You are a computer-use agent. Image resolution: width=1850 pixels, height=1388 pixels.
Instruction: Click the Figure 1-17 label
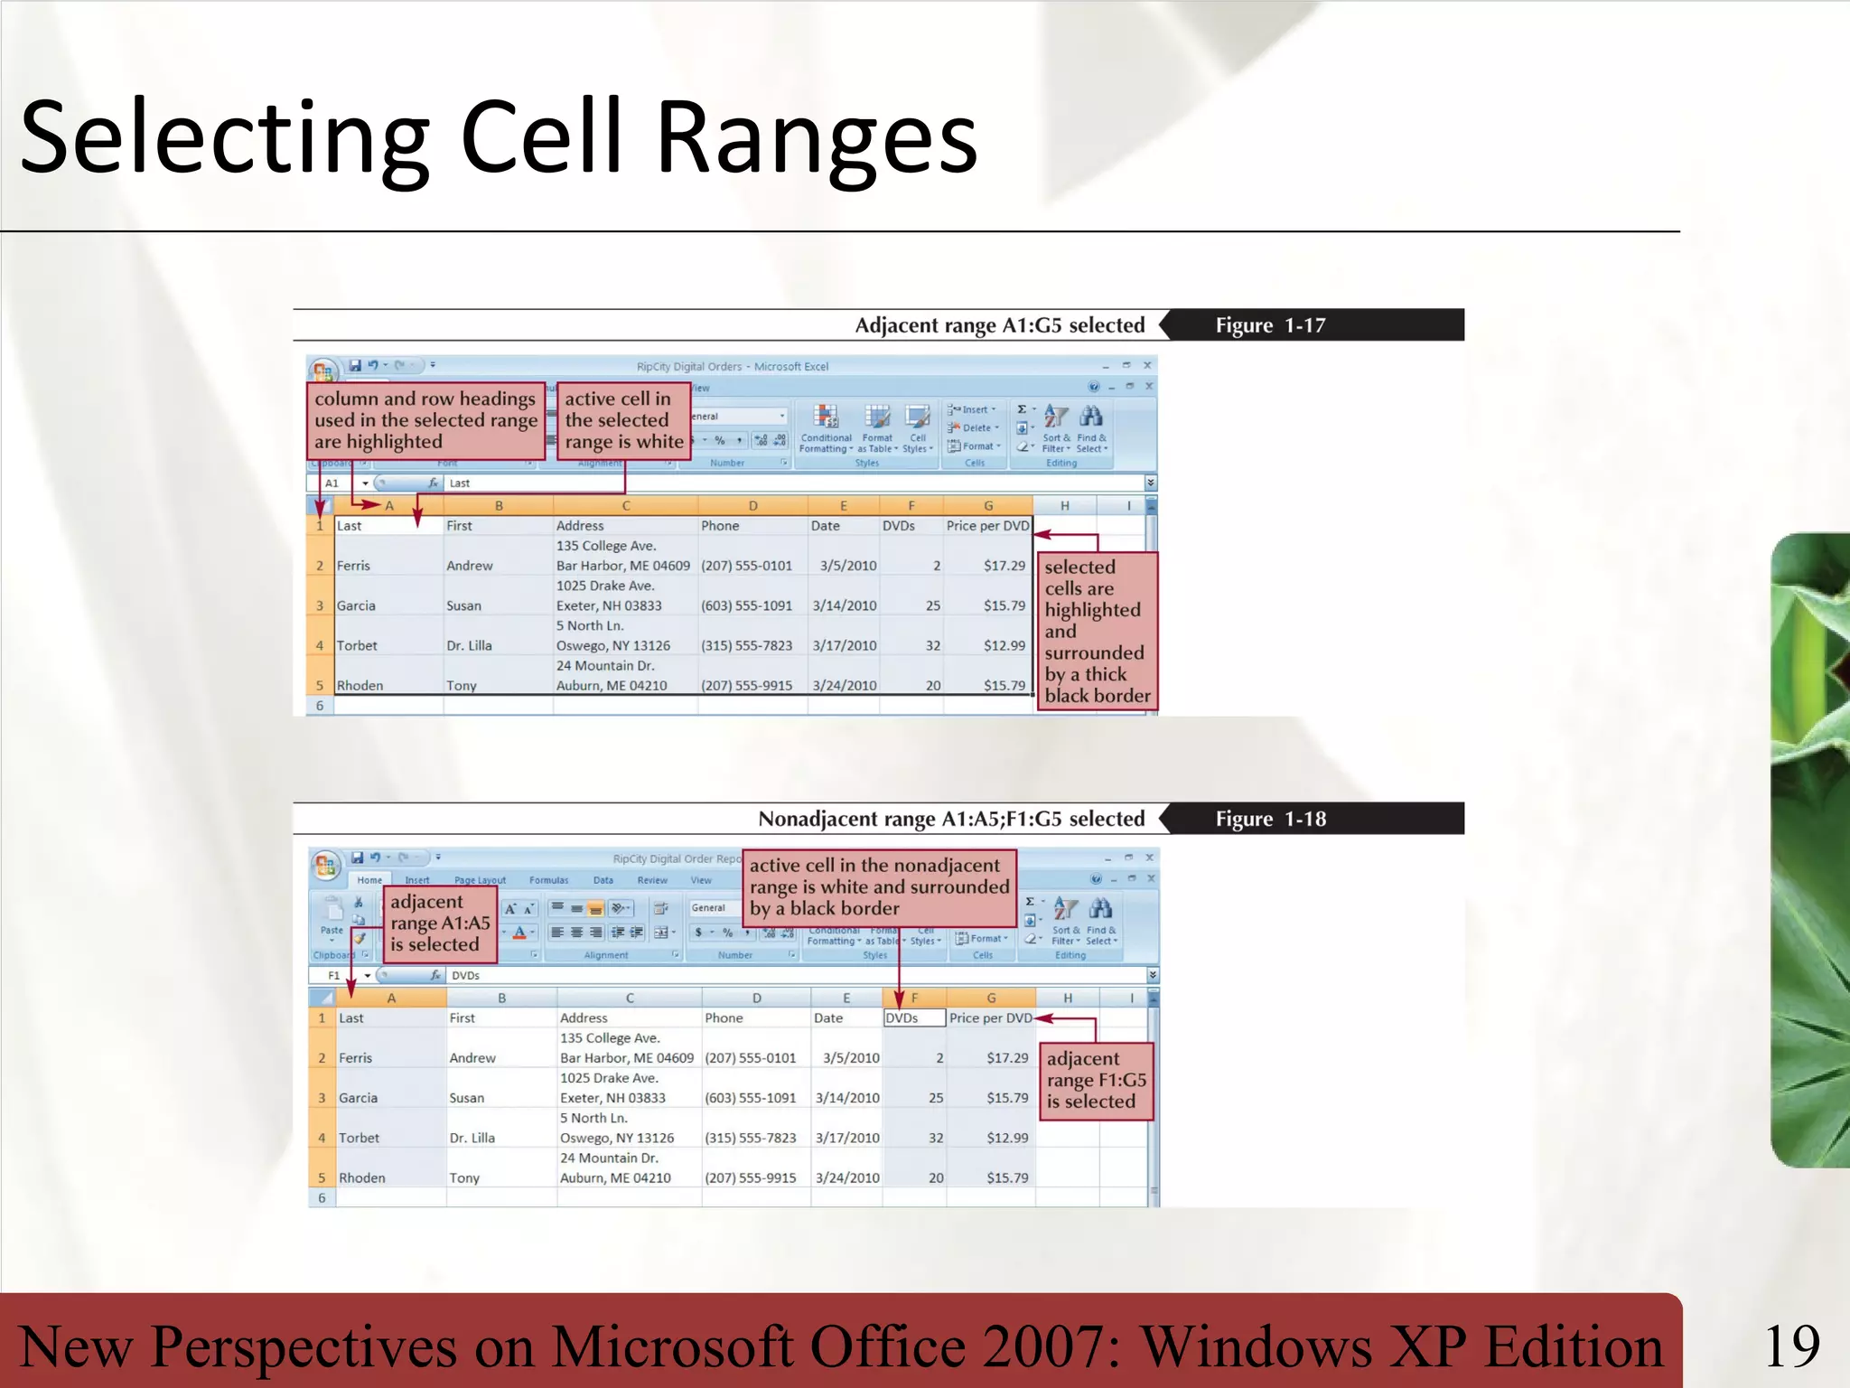coord(1270,325)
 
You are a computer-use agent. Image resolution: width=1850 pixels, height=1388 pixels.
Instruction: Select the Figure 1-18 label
coord(1270,819)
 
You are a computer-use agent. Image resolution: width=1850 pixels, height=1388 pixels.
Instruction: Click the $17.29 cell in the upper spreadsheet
coord(1004,566)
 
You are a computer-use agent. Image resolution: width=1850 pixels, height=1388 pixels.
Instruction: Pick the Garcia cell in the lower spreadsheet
coord(359,1098)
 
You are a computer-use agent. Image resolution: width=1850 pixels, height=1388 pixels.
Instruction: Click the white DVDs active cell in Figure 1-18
coord(913,1018)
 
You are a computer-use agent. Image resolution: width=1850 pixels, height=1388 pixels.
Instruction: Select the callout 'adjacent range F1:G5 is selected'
coord(1096,1081)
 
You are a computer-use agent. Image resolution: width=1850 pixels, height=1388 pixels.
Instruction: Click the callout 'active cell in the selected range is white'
coord(623,421)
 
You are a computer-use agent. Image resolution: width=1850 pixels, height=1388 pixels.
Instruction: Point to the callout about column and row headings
coord(425,421)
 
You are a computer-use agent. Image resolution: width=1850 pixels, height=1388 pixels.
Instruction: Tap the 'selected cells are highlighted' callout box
coord(1097,632)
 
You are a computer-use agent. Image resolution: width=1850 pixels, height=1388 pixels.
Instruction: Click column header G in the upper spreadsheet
coord(987,506)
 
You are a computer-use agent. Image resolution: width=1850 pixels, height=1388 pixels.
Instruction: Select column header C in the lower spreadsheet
coord(630,999)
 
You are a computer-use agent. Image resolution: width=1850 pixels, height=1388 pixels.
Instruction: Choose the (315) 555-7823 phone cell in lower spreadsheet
coord(750,1138)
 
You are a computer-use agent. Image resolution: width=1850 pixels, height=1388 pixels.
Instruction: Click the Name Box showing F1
coord(336,976)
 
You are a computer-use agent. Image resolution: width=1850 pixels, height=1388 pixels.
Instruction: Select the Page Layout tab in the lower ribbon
coord(480,880)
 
